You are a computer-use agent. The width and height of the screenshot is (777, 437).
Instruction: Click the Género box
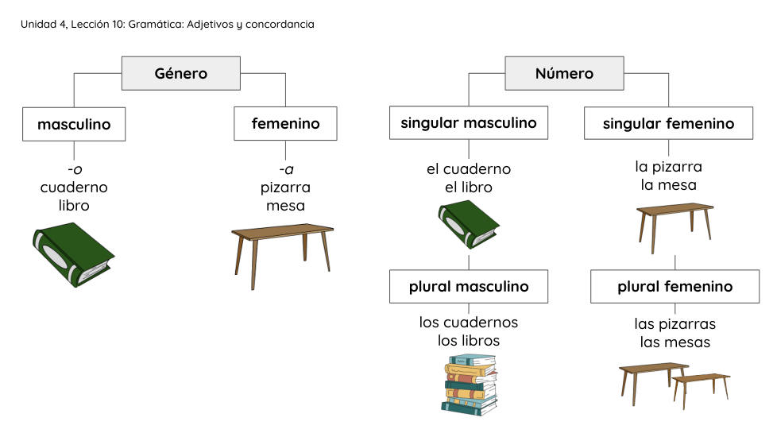pos(180,74)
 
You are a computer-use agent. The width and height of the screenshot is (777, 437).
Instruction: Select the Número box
pos(564,74)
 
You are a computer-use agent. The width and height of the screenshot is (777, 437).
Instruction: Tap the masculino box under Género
pos(74,124)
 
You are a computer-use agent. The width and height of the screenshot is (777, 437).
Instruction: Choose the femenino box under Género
pos(285,124)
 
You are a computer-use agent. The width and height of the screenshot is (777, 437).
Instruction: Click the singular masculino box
pos(468,123)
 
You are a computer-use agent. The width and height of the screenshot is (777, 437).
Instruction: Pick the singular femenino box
pos(668,124)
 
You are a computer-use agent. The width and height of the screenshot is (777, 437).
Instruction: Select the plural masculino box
pos(468,287)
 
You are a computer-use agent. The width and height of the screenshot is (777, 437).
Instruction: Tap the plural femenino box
pos(675,287)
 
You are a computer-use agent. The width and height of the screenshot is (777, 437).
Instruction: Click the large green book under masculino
pos(72,254)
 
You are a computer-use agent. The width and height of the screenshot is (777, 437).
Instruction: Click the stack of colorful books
pos(470,385)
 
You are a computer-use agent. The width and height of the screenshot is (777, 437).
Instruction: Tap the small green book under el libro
pos(468,224)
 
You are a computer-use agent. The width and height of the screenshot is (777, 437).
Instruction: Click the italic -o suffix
pos(75,169)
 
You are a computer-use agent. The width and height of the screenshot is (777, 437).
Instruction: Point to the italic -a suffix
pos(286,169)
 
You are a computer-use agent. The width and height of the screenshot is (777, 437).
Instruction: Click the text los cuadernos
pos(469,323)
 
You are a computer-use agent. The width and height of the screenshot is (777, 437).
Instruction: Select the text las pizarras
pos(675,324)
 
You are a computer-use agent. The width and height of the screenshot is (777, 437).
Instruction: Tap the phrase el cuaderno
pos(469,169)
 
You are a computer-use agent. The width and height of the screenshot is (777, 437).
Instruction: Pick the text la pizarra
pos(668,167)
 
